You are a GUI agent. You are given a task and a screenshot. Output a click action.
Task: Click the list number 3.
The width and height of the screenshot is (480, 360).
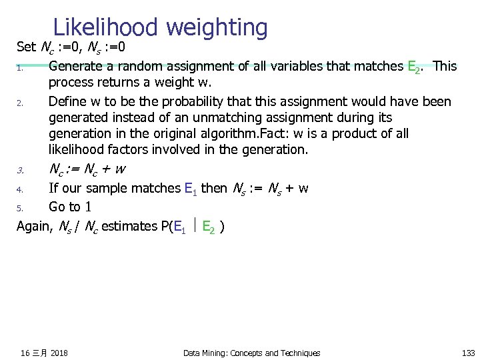(x=21, y=169)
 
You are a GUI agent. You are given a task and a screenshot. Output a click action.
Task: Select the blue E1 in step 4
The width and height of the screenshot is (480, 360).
(x=190, y=189)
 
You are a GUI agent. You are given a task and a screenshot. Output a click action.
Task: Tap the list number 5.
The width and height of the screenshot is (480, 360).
(x=21, y=208)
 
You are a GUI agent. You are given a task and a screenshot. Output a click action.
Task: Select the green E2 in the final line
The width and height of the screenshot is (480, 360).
(x=209, y=227)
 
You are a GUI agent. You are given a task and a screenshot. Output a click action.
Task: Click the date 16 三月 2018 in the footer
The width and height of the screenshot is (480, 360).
(x=44, y=353)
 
